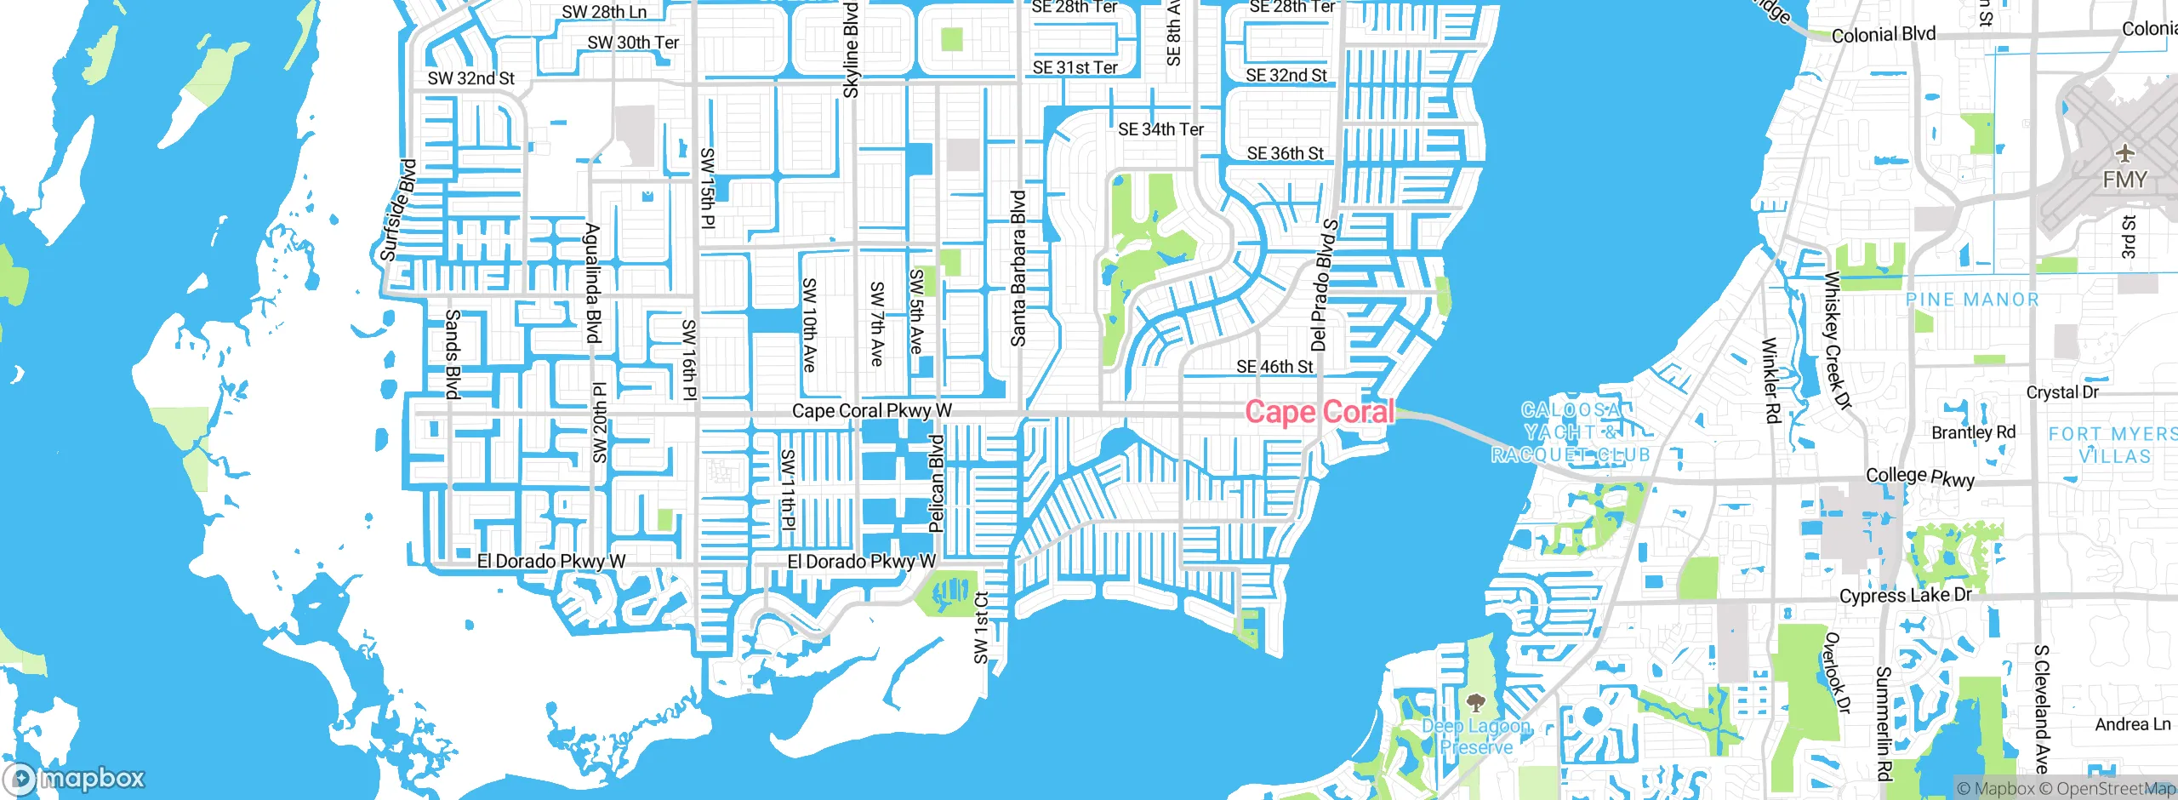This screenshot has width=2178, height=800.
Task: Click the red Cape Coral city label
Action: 1320,412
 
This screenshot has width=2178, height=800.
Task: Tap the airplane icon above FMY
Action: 2125,154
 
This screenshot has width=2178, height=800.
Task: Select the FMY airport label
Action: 2124,180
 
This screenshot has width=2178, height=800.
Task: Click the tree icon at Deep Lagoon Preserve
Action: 1475,703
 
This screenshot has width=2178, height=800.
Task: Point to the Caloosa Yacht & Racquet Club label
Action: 1571,433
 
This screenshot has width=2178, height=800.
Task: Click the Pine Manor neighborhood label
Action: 1972,300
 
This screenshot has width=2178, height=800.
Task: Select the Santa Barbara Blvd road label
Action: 1018,268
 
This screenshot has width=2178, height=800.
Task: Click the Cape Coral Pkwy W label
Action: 871,411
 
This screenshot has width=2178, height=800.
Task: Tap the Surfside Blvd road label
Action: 398,210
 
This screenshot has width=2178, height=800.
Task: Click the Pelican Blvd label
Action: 937,483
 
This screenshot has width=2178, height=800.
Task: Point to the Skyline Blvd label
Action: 851,49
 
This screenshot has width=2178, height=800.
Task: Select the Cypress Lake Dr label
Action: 1905,595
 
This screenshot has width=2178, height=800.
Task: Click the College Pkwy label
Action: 1919,477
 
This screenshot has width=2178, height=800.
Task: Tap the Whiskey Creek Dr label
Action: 1837,340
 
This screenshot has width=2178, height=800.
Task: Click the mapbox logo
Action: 75,778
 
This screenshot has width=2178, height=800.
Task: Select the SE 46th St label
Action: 1274,367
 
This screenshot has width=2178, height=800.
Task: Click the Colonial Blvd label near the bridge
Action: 1883,35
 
